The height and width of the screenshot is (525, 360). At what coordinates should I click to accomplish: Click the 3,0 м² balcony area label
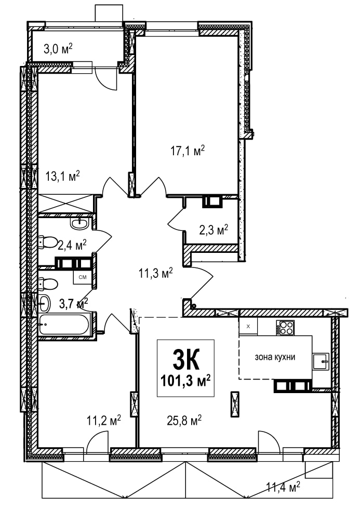(58, 49)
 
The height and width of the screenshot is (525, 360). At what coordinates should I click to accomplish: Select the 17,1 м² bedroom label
(188, 151)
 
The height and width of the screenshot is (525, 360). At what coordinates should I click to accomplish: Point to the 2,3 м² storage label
(214, 230)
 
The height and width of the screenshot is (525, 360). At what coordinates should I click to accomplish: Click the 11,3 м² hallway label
(156, 273)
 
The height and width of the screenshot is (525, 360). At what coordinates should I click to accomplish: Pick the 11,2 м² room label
(104, 420)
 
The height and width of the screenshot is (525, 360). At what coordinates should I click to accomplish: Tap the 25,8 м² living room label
(184, 420)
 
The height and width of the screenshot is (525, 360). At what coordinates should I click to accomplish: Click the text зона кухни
(275, 357)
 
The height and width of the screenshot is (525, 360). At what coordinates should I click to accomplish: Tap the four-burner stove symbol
(285, 328)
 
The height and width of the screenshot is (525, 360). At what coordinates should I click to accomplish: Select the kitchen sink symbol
(321, 361)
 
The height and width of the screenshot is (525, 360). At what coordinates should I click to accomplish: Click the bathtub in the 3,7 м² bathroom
(64, 325)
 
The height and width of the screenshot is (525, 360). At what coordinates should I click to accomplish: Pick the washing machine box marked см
(83, 277)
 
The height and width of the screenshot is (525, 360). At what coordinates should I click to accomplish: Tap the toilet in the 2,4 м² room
(48, 242)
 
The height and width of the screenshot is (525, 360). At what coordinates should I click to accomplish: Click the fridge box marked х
(248, 327)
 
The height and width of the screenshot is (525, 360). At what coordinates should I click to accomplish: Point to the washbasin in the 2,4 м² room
(81, 223)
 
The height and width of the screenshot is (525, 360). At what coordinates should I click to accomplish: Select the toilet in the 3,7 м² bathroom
(48, 284)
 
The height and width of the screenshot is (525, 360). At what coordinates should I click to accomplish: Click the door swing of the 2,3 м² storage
(175, 219)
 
